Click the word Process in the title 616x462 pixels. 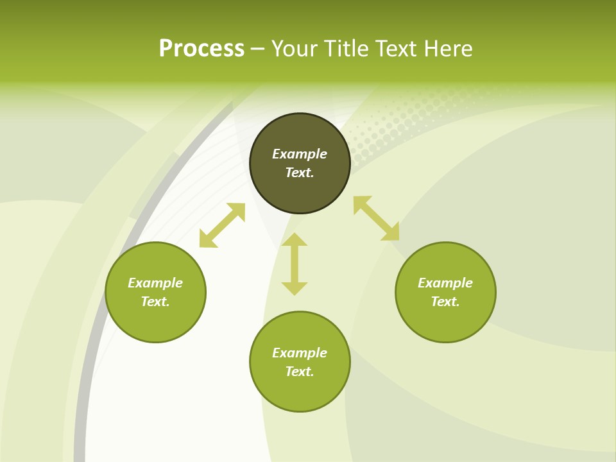pos(201,49)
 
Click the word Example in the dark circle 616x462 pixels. pos(300,154)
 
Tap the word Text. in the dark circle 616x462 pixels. pos(300,173)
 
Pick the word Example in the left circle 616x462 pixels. pos(155,283)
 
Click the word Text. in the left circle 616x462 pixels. pos(155,302)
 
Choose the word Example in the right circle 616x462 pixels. pos(445,283)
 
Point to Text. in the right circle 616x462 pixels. pos(445,302)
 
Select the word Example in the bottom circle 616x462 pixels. pos(300,353)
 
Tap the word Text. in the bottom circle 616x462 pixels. pos(300,372)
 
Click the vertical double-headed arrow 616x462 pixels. pos(295,264)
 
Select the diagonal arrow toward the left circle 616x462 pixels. pos(222,225)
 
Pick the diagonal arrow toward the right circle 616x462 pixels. pos(376,218)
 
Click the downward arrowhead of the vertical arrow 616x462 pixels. pos(295,288)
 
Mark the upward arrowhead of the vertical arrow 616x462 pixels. pos(295,239)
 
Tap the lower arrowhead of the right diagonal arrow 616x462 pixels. pos(391,233)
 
